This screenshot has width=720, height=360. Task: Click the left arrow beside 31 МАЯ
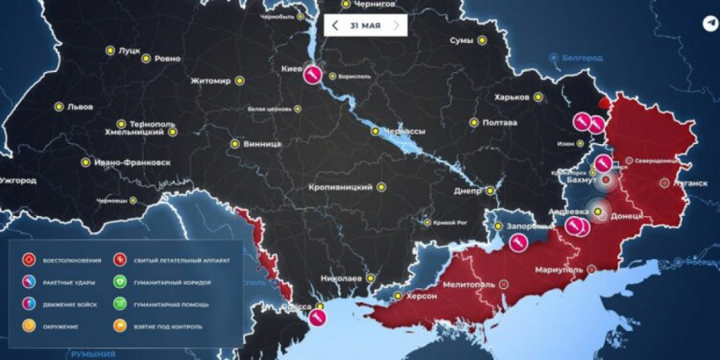point(335,25)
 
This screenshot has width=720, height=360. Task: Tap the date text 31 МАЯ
point(365,25)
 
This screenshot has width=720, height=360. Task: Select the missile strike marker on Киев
point(313,75)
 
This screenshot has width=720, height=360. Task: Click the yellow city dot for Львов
point(59,107)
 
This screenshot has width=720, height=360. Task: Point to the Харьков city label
point(512,97)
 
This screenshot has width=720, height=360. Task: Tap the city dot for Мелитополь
point(504,285)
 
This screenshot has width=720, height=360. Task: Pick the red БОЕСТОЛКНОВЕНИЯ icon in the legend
point(30,259)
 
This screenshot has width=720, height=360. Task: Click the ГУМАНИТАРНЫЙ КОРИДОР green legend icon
point(119,281)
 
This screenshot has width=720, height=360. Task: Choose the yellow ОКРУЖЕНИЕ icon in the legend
point(30,325)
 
